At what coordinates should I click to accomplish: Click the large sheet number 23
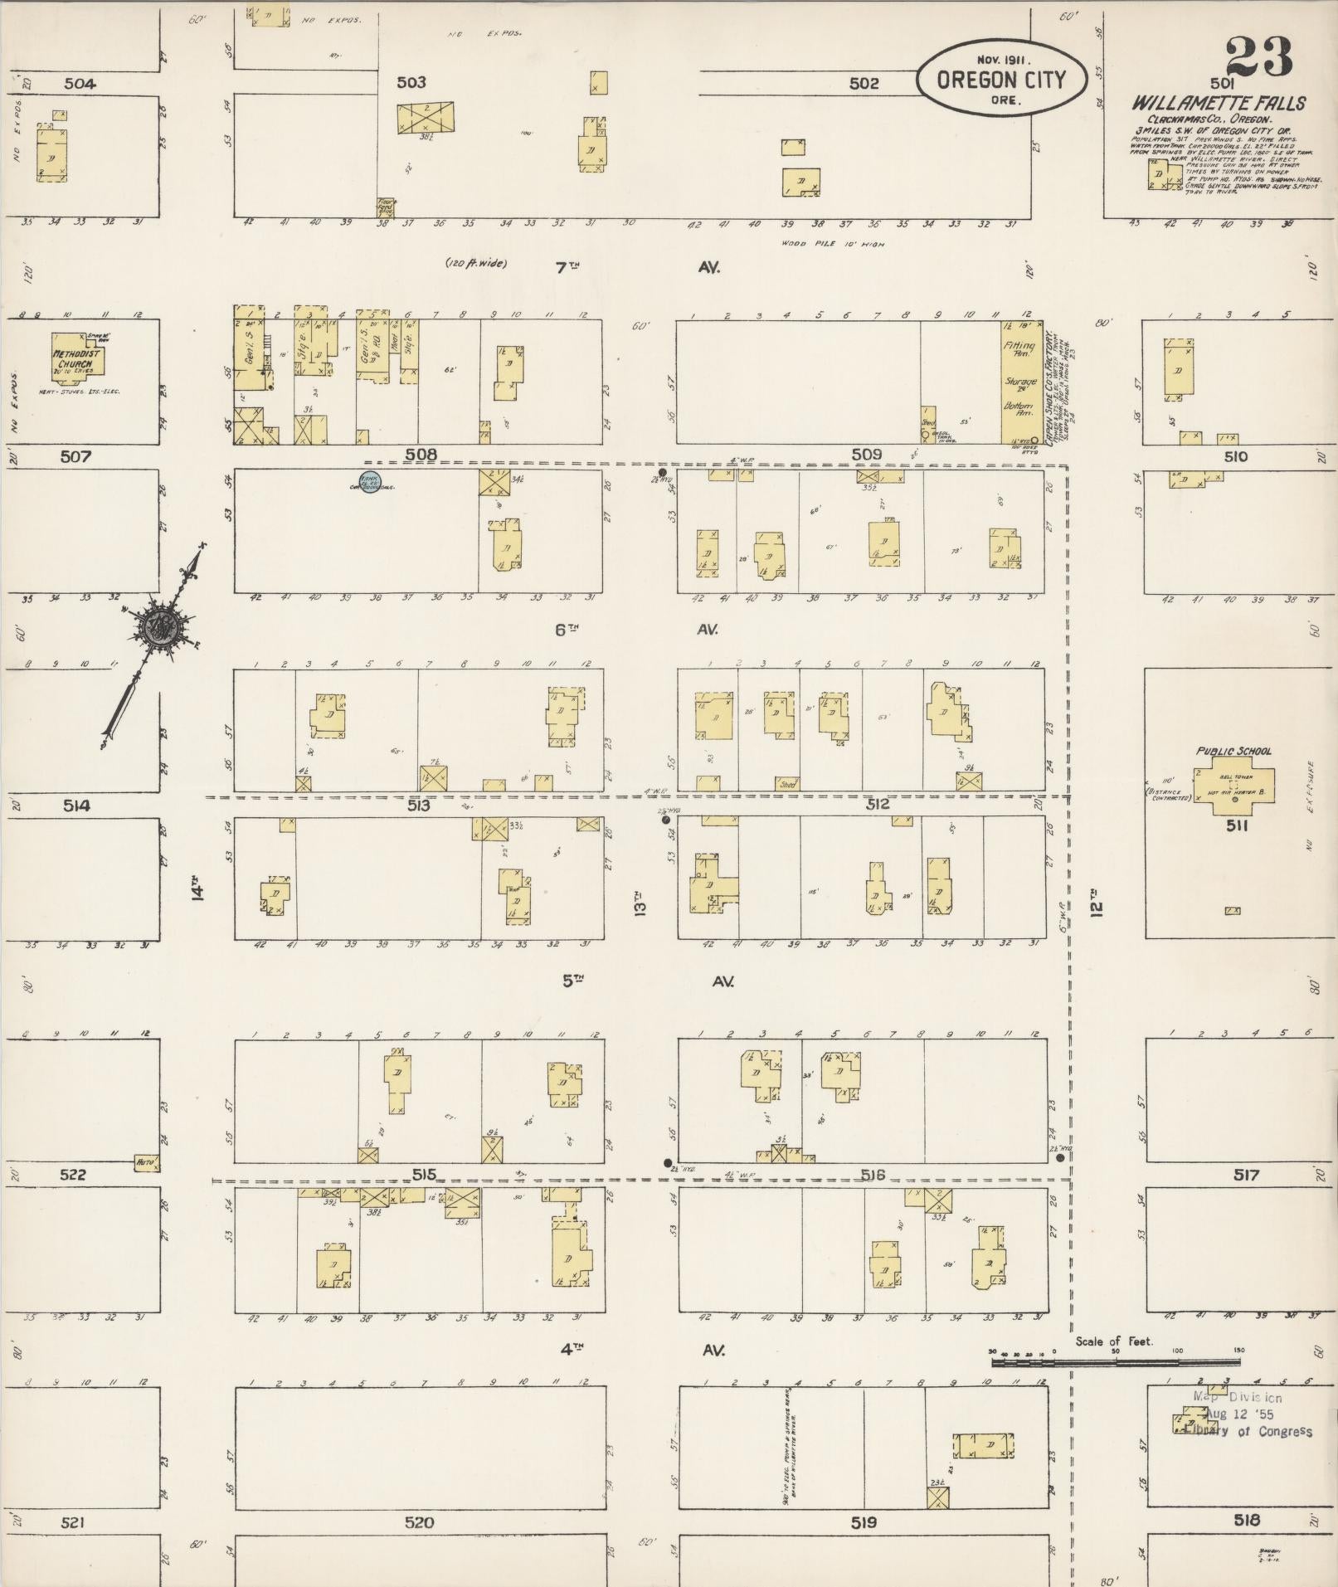[1258, 57]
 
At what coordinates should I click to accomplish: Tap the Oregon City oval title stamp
[1001, 79]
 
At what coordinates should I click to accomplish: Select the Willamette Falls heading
[1219, 104]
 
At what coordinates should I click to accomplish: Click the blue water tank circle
[368, 480]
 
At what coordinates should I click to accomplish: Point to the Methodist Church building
[77, 358]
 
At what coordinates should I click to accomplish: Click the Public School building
[1234, 789]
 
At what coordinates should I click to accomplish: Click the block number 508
[421, 455]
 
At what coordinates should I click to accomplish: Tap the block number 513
[418, 805]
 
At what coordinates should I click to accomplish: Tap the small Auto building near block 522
[147, 1163]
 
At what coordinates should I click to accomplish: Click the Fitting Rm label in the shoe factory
[1019, 348]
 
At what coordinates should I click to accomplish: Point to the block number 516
[873, 1175]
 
